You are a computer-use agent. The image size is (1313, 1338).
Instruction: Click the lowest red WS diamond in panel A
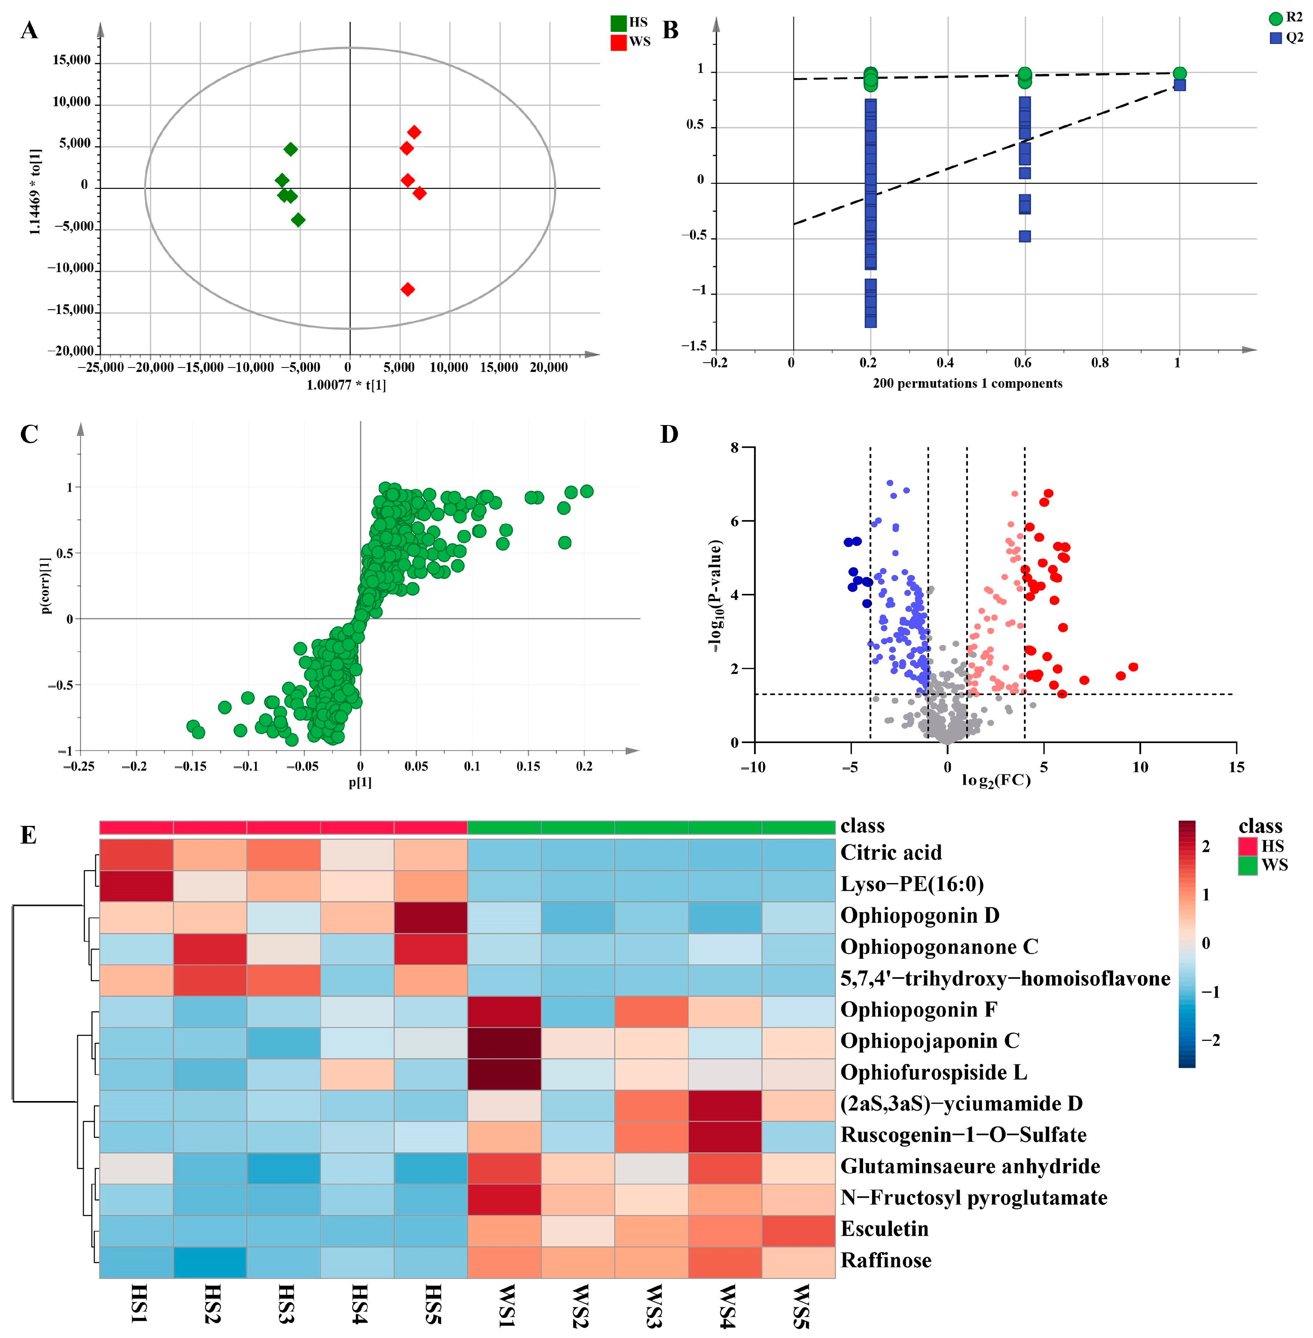pyautogui.click(x=408, y=289)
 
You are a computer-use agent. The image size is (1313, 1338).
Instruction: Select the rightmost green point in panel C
pyautogui.click(x=587, y=491)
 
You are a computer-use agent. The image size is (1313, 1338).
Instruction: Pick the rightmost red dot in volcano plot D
pyautogui.click(x=1133, y=667)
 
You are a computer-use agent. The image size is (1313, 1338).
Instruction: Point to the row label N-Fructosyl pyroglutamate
pyautogui.click(x=973, y=1198)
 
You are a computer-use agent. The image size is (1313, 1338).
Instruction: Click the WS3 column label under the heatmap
pyautogui.click(x=652, y=1305)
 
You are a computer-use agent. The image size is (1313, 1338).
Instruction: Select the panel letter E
pyautogui.click(x=28, y=835)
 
